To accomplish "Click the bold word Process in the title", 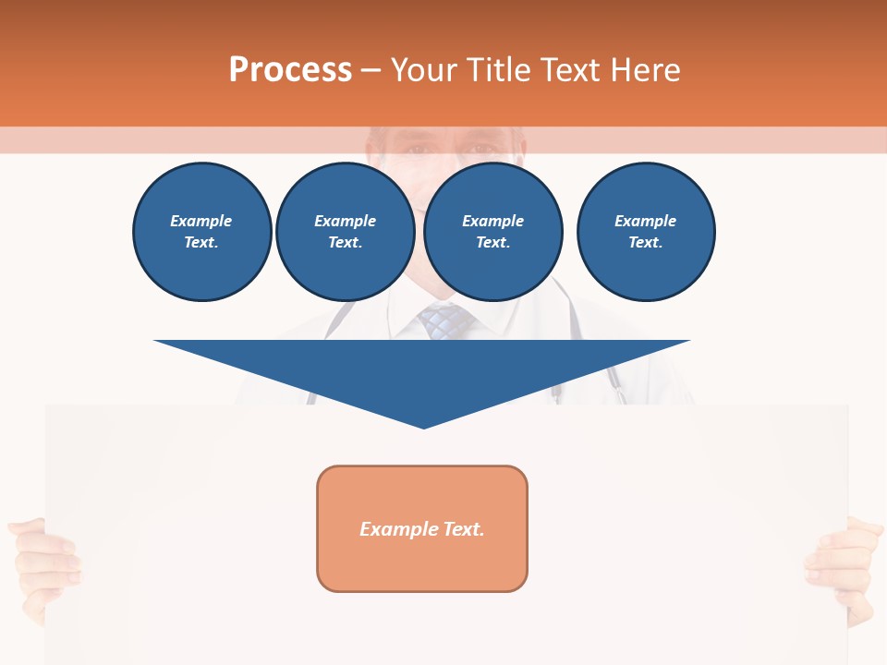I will pyautogui.click(x=290, y=70).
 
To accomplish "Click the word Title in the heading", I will pyautogui.click(x=499, y=70).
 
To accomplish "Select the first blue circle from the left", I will pyautogui.click(x=201, y=232).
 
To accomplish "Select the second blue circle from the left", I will pyautogui.click(x=345, y=232).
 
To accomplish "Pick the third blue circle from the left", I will pyautogui.click(x=492, y=232).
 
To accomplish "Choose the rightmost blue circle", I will pyautogui.click(x=645, y=232).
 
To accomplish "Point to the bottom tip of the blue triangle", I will pyautogui.click(x=423, y=426).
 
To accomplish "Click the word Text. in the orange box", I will pyautogui.click(x=463, y=529).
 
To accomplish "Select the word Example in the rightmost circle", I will pyautogui.click(x=645, y=221).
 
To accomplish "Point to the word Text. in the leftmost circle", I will pyautogui.click(x=201, y=243).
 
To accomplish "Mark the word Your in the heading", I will pyautogui.click(x=424, y=70).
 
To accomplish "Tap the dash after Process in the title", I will pyautogui.click(x=371, y=70).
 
